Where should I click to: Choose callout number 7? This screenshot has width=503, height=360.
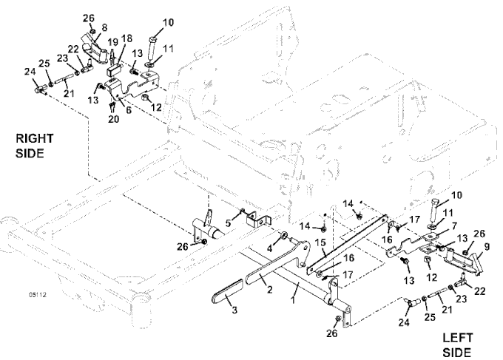point(445,225)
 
